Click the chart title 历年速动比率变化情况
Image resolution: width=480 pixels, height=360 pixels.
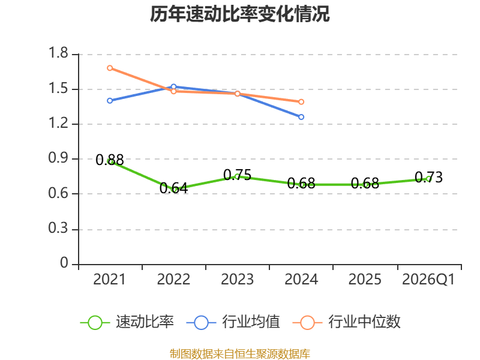coord(239,14)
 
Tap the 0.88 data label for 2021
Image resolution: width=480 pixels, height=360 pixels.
coord(110,160)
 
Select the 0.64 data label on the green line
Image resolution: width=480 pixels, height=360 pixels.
coord(173,188)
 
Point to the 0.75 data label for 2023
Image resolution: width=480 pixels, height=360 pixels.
coord(237,175)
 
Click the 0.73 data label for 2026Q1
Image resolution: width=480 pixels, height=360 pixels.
coord(428,177)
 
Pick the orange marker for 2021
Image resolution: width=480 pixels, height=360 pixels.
coord(110,68)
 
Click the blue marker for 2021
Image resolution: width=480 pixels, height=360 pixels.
coord(110,101)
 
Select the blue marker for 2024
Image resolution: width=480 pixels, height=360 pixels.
coord(301,117)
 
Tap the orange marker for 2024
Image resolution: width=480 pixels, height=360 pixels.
coord(301,101)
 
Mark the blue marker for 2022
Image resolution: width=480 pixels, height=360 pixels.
coord(173,86)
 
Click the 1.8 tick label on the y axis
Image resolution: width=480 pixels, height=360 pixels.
coord(58,53)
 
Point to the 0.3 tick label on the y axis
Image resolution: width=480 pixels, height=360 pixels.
coord(58,228)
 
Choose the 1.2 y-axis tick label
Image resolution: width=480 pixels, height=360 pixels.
coord(58,123)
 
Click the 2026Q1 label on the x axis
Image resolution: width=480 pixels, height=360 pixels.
coord(428,279)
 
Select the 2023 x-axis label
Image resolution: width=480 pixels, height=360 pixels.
coord(237,279)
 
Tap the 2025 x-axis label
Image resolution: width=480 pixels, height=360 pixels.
coord(365,279)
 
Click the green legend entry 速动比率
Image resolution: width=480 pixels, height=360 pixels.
coord(127,322)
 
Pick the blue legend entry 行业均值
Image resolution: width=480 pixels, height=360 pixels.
coord(233,322)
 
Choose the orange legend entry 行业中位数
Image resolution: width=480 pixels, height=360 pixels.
coord(346,322)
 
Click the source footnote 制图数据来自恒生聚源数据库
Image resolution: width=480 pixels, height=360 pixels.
coord(240,354)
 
